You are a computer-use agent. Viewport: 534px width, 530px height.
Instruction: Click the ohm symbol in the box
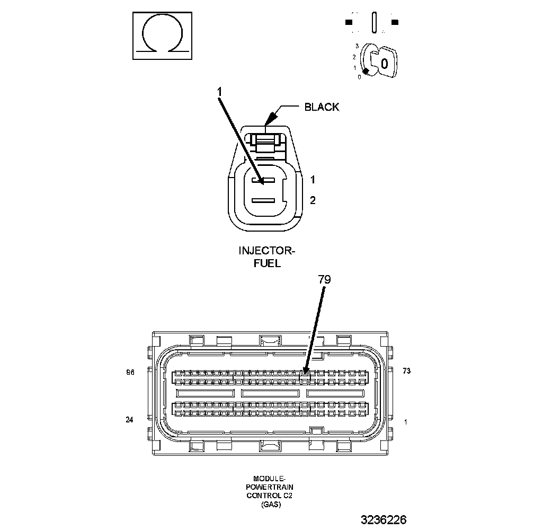(x=162, y=36)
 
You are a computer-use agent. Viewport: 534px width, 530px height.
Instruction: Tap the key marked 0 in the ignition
(x=385, y=63)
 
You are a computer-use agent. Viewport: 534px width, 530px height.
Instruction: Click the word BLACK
(x=322, y=107)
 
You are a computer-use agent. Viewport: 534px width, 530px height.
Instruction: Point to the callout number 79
(x=324, y=279)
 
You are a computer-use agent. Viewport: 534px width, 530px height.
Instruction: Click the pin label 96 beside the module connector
(x=130, y=373)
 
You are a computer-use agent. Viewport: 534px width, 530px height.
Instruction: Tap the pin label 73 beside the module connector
(x=406, y=371)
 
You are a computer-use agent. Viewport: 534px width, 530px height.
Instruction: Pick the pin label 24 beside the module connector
(x=130, y=420)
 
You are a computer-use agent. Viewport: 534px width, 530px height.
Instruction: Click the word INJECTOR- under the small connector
(x=266, y=251)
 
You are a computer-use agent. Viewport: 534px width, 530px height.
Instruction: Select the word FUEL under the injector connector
(x=267, y=262)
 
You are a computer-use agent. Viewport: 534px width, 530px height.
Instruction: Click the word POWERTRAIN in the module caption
(x=270, y=487)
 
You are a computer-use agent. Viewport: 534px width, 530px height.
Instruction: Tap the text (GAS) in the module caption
(x=270, y=505)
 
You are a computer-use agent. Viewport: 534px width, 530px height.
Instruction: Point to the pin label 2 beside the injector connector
(x=313, y=200)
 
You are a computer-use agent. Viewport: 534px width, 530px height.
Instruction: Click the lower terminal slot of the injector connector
(x=262, y=201)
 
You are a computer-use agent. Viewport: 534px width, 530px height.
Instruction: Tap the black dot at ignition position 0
(x=365, y=71)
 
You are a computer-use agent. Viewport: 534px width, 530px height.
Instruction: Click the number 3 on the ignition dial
(x=357, y=46)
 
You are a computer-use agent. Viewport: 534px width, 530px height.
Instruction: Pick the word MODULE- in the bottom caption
(x=270, y=478)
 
